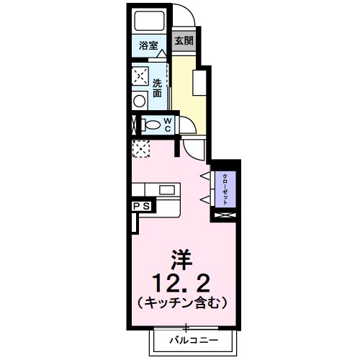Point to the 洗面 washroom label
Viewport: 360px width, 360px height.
[158, 87]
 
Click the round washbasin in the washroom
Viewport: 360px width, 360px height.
[139, 100]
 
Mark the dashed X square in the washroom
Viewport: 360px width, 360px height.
[140, 75]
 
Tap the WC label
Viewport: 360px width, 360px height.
[166, 125]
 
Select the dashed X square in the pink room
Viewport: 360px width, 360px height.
[140, 149]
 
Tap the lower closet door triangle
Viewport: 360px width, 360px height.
[204, 198]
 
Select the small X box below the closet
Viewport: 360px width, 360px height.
[223, 215]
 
